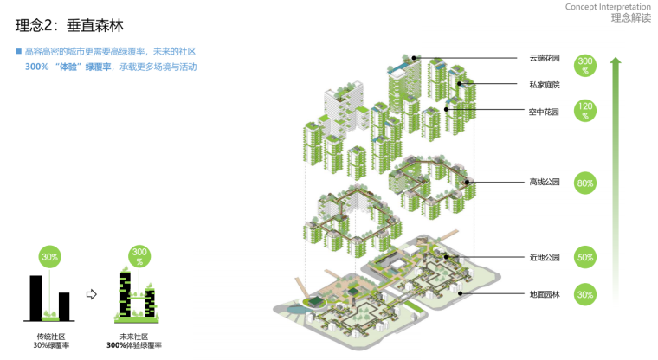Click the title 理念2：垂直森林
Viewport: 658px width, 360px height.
pyautogui.click(x=69, y=25)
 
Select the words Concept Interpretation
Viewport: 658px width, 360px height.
pyautogui.click(x=608, y=7)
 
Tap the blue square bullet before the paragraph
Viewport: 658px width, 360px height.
pyautogui.click(x=18, y=51)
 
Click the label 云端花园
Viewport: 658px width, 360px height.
pyautogui.click(x=545, y=58)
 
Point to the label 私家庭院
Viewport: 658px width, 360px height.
pyautogui.click(x=545, y=85)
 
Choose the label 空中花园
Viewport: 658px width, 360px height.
pyautogui.click(x=544, y=112)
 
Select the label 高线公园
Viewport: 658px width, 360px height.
pyautogui.click(x=545, y=182)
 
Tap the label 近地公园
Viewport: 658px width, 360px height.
pyautogui.click(x=545, y=257)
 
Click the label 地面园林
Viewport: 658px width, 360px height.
pyautogui.click(x=545, y=294)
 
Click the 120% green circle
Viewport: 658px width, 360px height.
pyautogui.click(x=585, y=111)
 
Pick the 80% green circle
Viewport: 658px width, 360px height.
pyautogui.click(x=585, y=183)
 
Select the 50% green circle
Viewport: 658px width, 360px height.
pyautogui.click(x=585, y=257)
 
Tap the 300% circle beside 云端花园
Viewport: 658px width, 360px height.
pyautogui.click(x=585, y=66)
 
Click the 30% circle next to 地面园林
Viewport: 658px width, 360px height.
pyautogui.click(x=585, y=294)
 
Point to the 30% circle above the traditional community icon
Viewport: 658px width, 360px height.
pyautogui.click(x=49, y=257)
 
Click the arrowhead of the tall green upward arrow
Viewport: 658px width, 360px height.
pyautogui.click(x=616, y=61)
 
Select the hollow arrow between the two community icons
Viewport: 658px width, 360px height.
pyautogui.click(x=91, y=294)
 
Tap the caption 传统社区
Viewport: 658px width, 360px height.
pyautogui.click(x=51, y=337)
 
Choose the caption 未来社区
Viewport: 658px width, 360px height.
pyautogui.click(x=134, y=337)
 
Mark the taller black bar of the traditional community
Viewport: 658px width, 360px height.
pyautogui.click(x=35, y=298)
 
